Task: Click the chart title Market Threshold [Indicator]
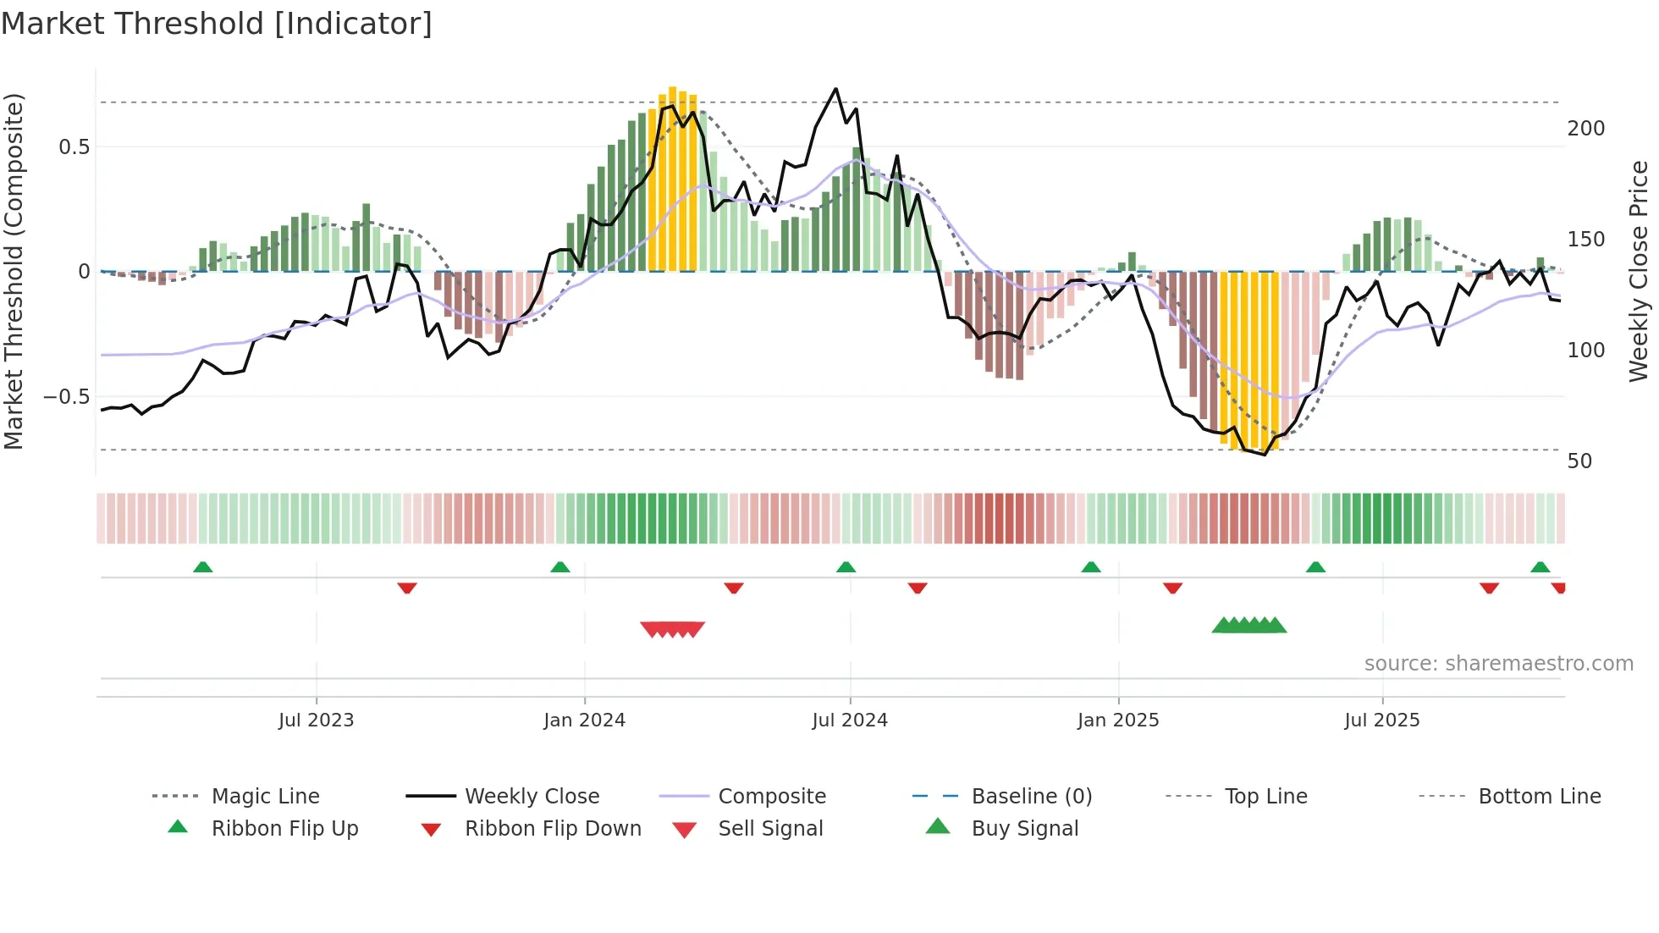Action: click(217, 24)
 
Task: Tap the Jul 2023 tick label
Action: click(316, 720)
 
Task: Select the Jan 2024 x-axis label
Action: click(584, 720)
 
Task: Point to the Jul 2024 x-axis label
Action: click(850, 720)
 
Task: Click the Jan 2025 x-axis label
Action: click(1117, 720)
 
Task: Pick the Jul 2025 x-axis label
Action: click(1381, 720)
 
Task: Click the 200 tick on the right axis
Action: click(1585, 129)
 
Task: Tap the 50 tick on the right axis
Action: click(1579, 461)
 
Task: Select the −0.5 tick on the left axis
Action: click(66, 397)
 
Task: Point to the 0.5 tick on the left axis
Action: click(74, 147)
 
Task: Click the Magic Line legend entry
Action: click(265, 797)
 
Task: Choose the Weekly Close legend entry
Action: click(532, 797)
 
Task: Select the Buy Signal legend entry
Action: click(1024, 829)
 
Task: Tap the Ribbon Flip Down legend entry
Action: click(553, 829)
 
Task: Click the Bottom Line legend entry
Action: click(1539, 797)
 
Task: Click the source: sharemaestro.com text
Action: click(1498, 664)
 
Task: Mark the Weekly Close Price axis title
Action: click(1639, 271)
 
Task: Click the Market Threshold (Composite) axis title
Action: click(14, 271)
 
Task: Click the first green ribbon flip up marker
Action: click(202, 567)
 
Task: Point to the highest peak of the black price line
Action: click(835, 89)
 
